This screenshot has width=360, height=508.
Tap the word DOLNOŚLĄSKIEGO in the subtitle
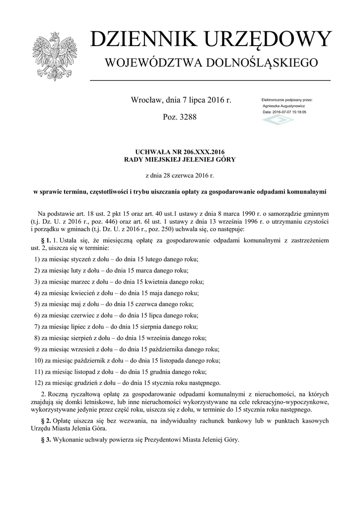tap(260, 63)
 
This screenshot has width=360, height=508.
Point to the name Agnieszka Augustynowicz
tap(284, 106)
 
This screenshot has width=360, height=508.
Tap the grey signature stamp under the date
tap(278, 120)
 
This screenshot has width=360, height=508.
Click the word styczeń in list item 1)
tap(82, 259)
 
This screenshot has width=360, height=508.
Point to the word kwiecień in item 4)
tap(84, 293)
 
